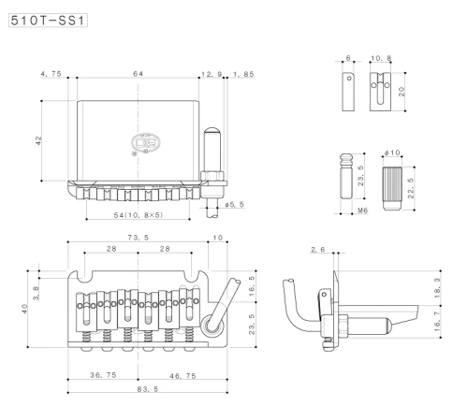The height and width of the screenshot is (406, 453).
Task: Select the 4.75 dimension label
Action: [51, 74]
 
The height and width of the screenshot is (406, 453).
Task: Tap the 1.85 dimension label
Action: [243, 74]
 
